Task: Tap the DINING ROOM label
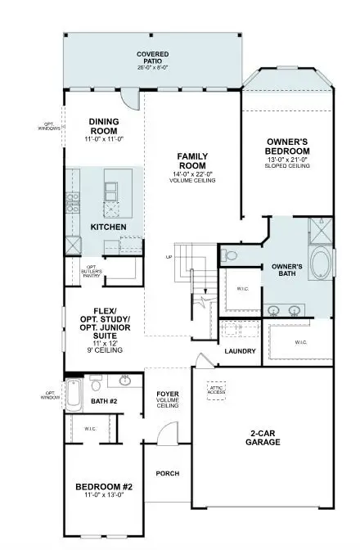point(105,127)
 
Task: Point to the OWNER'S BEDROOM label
point(288,147)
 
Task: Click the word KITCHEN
point(107,226)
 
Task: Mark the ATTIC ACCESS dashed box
point(217,390)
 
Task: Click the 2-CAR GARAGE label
point(263,437)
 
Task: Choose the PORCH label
point(168,473)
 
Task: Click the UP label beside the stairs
point(169,257)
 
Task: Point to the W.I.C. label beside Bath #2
point(90,428)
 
